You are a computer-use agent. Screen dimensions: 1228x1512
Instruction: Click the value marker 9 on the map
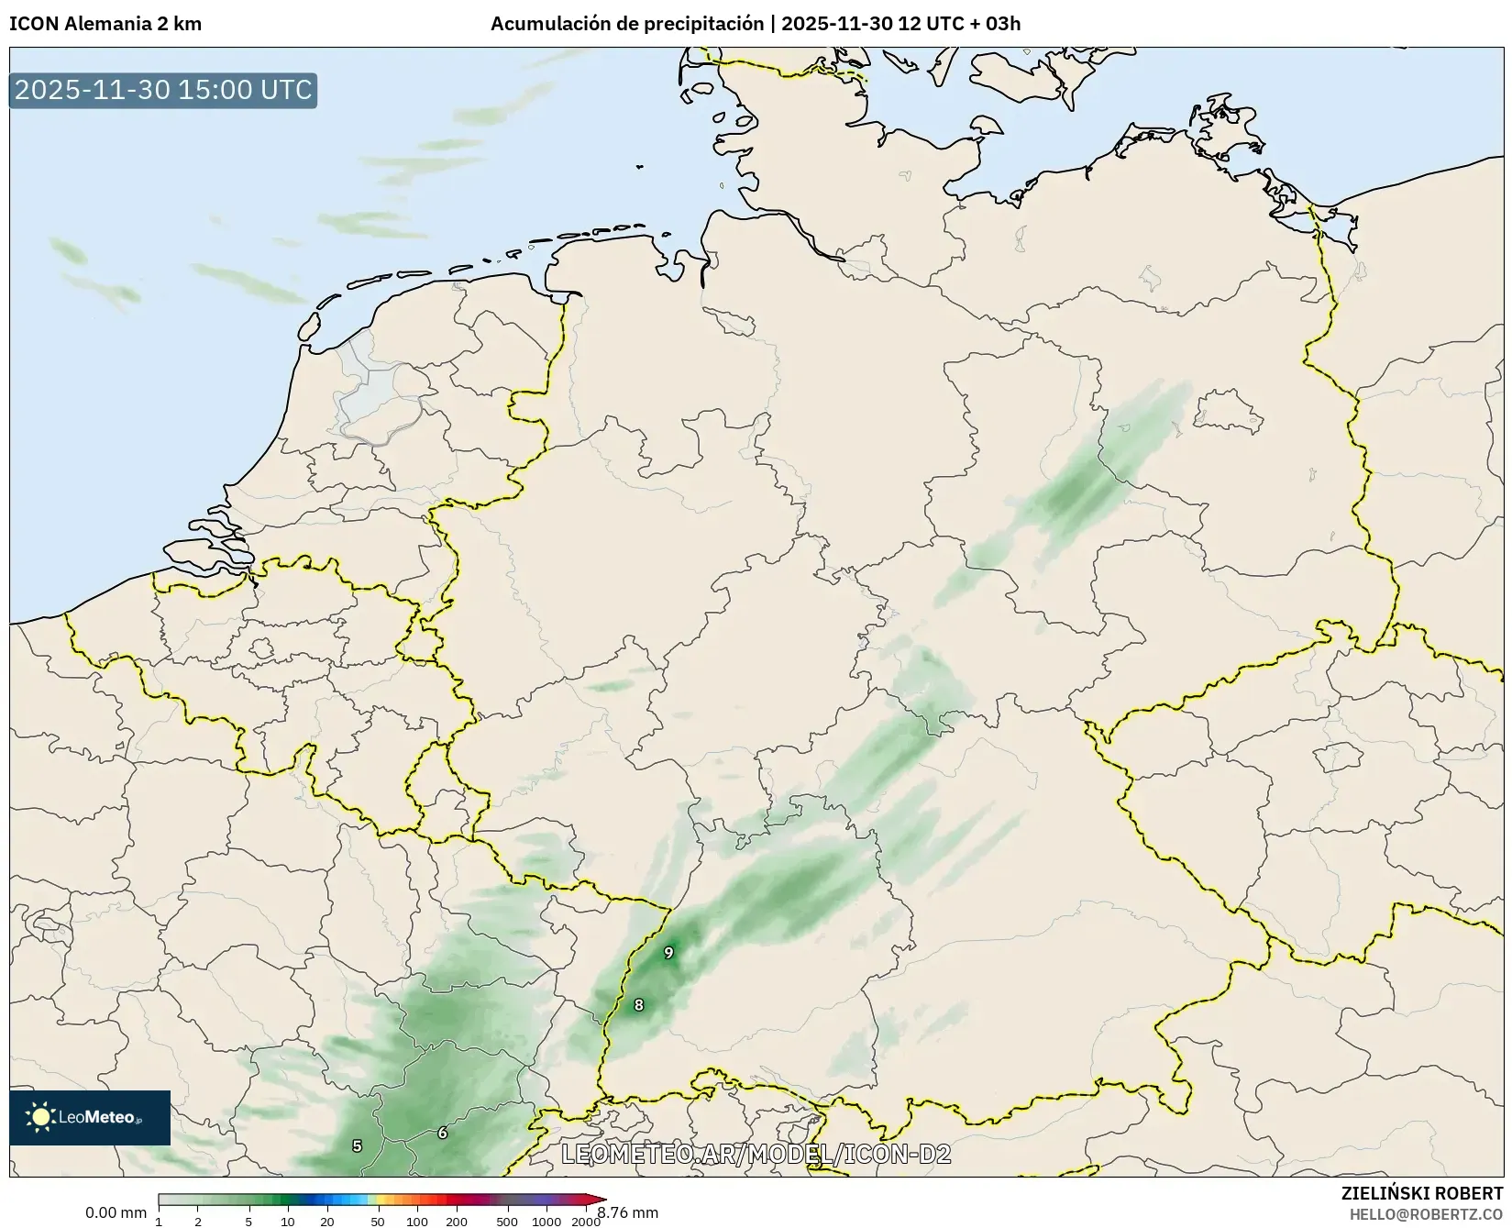pyautogui.click(x=668, y=953)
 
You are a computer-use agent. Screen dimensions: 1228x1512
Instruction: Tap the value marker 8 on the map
pyautogui.click(x=639, y=1005)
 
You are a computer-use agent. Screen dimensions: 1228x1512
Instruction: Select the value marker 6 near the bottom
pyautogui.click(x=442, y=1134)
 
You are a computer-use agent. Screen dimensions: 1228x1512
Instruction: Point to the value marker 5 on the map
pyautogui.click(x=357, y=1145)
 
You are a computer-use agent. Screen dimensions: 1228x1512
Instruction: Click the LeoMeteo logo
pyautogui.click(x=89, y=1117)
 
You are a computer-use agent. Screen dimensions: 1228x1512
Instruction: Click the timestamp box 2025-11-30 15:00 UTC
pyautogui.click(x=163, y=90)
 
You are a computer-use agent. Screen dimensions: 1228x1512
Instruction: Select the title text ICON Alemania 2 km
pyautogui.click(x=105, y=24)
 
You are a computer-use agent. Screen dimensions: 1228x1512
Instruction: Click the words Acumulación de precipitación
pyautogui.click(x=627, y=24)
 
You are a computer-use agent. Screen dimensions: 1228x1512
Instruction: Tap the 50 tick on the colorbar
pyautogui.click(x=377, y=1221)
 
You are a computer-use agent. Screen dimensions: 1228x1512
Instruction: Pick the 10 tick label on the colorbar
pyautogui.click(x=288, y=1221)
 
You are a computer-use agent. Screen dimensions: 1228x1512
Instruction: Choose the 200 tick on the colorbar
pyautogui.click(x=456, y=1221)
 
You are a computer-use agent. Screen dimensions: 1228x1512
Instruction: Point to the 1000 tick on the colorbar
pyautogui.click(x=546, y=1221)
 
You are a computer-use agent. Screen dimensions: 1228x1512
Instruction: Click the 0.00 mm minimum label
pyautogui.click(x=116, y=1212)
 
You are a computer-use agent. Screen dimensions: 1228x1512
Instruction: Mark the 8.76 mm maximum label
pyautogui.click(x=628, y=1212)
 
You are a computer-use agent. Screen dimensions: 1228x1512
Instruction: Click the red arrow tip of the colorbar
pyautogui.click(x=600, y=1200)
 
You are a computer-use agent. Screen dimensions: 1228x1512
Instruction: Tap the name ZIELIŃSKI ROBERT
pyautogui.click(x=1422, y=1194)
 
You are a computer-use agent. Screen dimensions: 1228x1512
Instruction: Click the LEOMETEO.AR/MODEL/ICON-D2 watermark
pyautogui.click(x=756, y=1155)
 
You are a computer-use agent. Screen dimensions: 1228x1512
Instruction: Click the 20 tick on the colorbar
pyautogui.click(x=327, y=1221)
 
